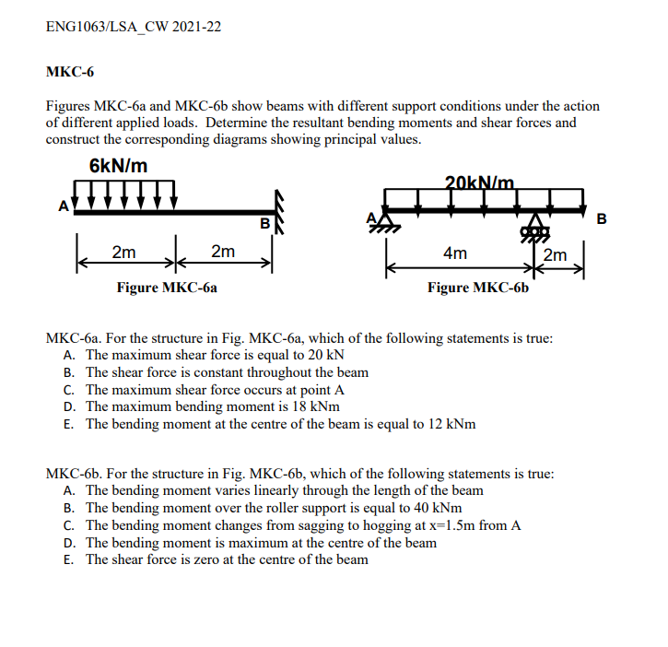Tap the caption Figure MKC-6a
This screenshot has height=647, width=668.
point(167,288)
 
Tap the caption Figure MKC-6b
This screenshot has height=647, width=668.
point(478,288)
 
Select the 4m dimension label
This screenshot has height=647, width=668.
point(454,253)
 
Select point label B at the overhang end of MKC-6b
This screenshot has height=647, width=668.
point(602,219)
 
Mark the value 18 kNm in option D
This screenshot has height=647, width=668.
point(308,406)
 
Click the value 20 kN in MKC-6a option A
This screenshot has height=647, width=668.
point(326,355)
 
